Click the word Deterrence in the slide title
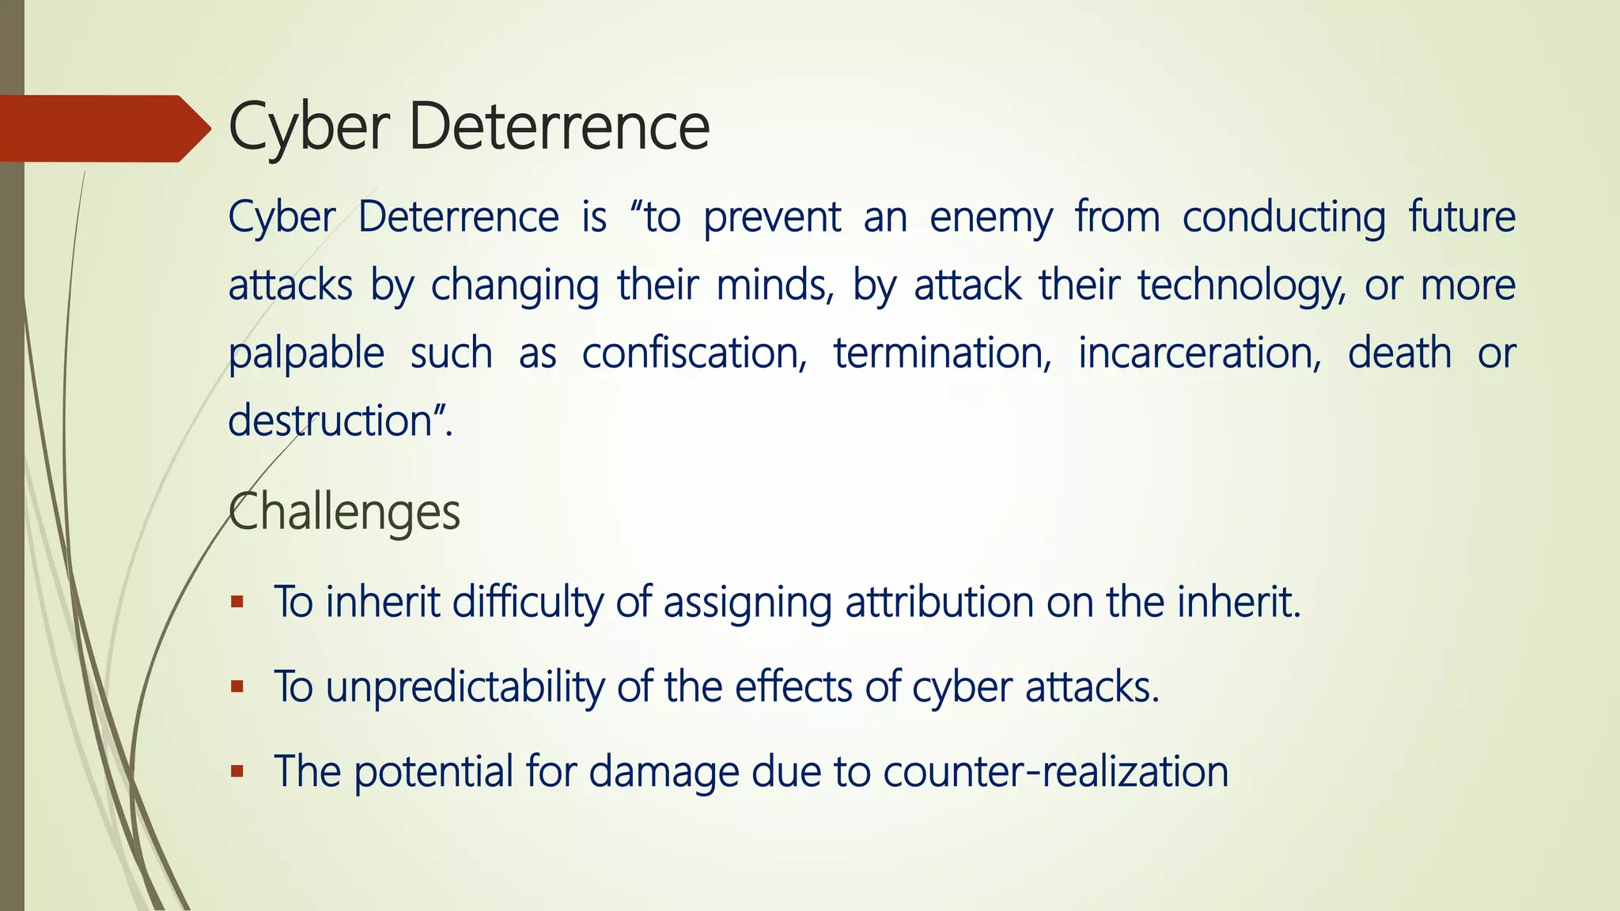pyautogui.click(x=558, y=127)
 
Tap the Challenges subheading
pyautogui.click(x=344, y=512)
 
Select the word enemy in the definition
pyautogui.click(x=991, y=217)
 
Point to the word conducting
pyautogui.click(x=1284, y=217)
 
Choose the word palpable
pyautogui.click(x=306, y=353)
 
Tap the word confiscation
pyautogui.click(x=695, y=353)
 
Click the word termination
pyautogui.click(x=942, y=353)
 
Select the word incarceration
pyautogui.click(x=1199, y=353)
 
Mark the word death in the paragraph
pyautogui.click(x=1399, y=353)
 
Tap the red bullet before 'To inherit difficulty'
pyautogui.click(x=237, y=603)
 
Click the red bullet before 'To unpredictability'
pyautogui.click(x=237, y=686)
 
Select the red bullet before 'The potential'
pyautogui.click(x=237, y=771)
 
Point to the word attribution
pyautogui.click(x=939, y=603)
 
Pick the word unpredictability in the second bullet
pyautogui.click(x=465, y=686)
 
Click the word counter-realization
pyautogui.click(x=1055, y=771)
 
